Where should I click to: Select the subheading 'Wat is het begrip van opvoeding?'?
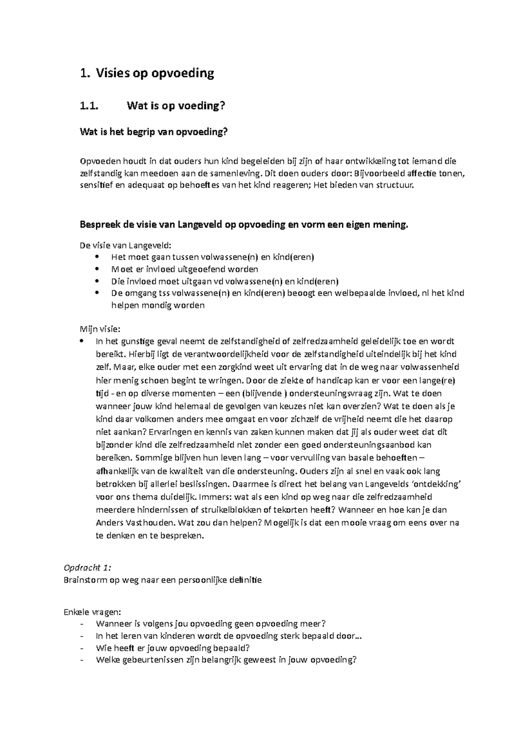click(156, 132)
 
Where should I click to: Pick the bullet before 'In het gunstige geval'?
click(82, 341)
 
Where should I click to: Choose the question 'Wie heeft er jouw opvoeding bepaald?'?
click(173, 648)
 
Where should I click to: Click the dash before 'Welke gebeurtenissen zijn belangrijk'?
click(82, 660)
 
